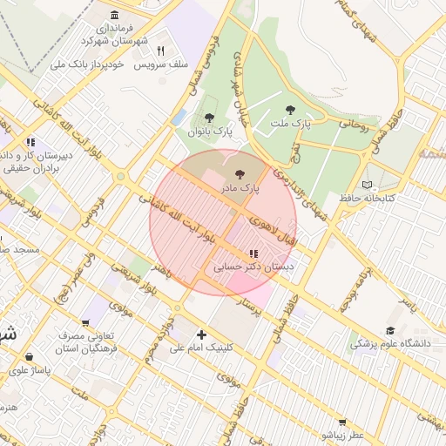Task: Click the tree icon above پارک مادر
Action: (x=240, y=175)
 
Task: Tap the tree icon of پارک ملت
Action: (x=290, y=110)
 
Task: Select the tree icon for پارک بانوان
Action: (x=208, y=118)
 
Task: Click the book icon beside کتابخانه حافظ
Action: (x=367, y=185)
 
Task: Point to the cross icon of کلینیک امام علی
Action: (x=202, y=334)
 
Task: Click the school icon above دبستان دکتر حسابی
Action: (x=253, y=253)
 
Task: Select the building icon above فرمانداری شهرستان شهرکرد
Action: (x=116, y=15)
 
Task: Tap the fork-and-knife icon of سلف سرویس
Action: (x=160, y=51)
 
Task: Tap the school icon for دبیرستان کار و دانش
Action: (x=30, y=141)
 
